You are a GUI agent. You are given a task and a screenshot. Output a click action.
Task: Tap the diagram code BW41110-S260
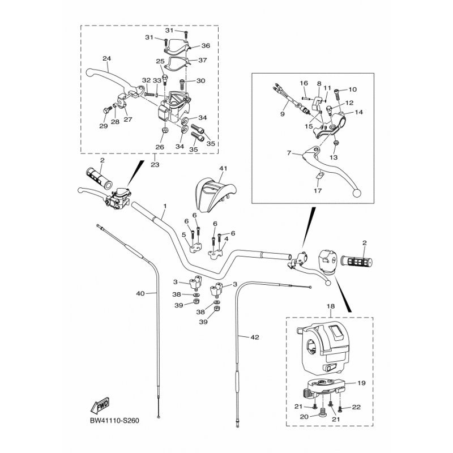tap(114, 420)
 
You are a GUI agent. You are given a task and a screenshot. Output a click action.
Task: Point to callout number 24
tap(107, 58)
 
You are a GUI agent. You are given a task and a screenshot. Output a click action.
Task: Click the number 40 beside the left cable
tap(140, 293)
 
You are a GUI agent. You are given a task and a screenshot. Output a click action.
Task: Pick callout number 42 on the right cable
tap(255, 337)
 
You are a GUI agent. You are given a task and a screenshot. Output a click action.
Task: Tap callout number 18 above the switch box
tap(331, 306)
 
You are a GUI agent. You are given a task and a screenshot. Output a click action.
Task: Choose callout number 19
tap(361, 383)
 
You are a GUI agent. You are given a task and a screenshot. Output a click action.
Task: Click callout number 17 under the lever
tap(318, 191)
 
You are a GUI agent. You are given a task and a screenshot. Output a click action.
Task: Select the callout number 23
tap(155, 165)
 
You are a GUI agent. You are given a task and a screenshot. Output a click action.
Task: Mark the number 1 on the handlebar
tap(165, 206)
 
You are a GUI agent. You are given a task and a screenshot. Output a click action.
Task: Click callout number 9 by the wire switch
tap(283, 114)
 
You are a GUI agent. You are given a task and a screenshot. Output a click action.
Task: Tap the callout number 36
tap(206, 46)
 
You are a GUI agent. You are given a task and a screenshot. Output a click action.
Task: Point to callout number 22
tap(357, 407)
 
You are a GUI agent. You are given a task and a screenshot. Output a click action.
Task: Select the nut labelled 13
tap(336, 143)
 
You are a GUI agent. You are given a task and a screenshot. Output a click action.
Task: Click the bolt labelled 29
tap(107, 110)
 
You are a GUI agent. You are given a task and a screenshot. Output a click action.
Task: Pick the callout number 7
tap(289, 153)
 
